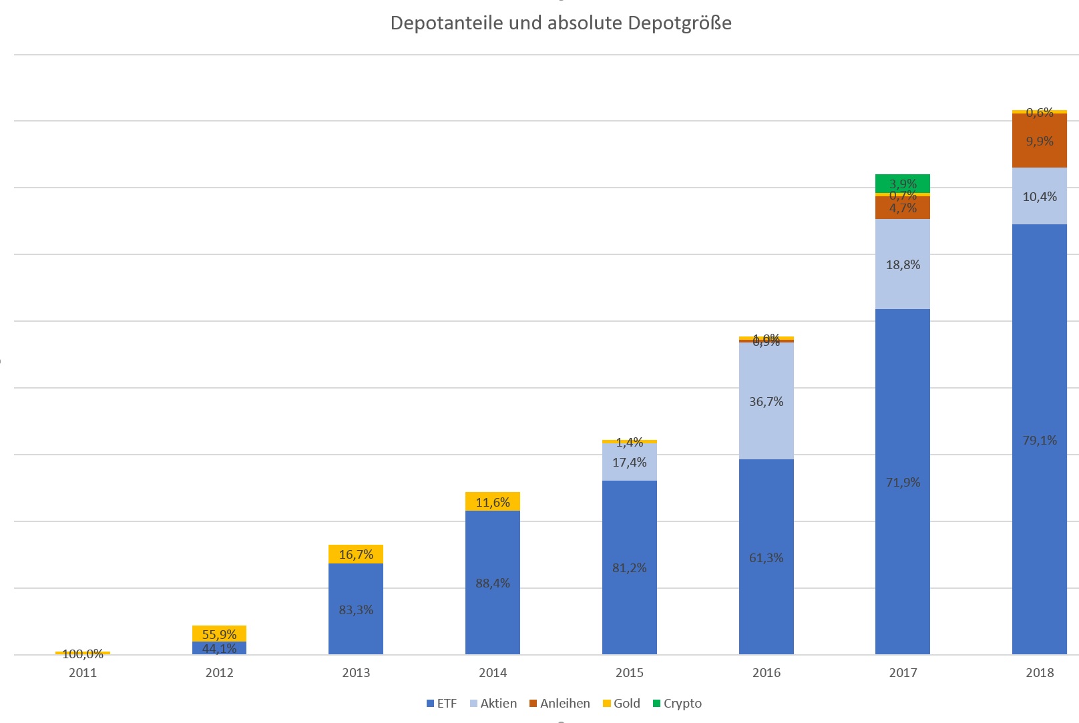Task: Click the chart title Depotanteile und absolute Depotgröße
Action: tap(561, 23)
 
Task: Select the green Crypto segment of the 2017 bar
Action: tap(902, 183)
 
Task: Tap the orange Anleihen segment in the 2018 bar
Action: tap(1039, 141)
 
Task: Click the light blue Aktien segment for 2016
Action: tap(766, 401)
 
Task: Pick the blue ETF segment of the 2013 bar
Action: tap(355, 609)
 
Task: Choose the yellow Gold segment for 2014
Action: tap(492, 501)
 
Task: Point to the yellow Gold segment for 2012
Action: tap(219, 633)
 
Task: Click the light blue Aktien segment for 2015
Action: tap(629, 462)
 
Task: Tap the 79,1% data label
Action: tap(1040, 440)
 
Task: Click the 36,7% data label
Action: tap(766, 401)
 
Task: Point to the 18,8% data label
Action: tap(903, 264)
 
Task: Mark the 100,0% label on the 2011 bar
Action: tap(83, 654)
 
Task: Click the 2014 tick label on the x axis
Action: tap(493, 672)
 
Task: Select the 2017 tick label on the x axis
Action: tap(903, 672)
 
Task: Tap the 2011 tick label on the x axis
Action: tap(83, 672)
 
